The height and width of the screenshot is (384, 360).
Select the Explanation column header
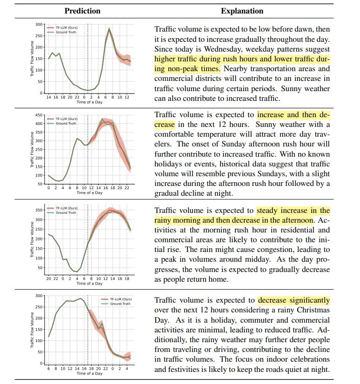pos(242,11)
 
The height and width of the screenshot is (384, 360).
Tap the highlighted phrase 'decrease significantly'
pos(294,300)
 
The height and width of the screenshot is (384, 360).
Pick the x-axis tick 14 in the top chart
pos(49,97)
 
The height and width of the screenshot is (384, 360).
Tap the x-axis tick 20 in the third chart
pos(49,279)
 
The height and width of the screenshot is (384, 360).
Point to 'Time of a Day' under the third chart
pos(89,284)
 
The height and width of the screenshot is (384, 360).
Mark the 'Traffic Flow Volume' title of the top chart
pos(33,58)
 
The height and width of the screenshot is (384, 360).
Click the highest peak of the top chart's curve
pos(109,29)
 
